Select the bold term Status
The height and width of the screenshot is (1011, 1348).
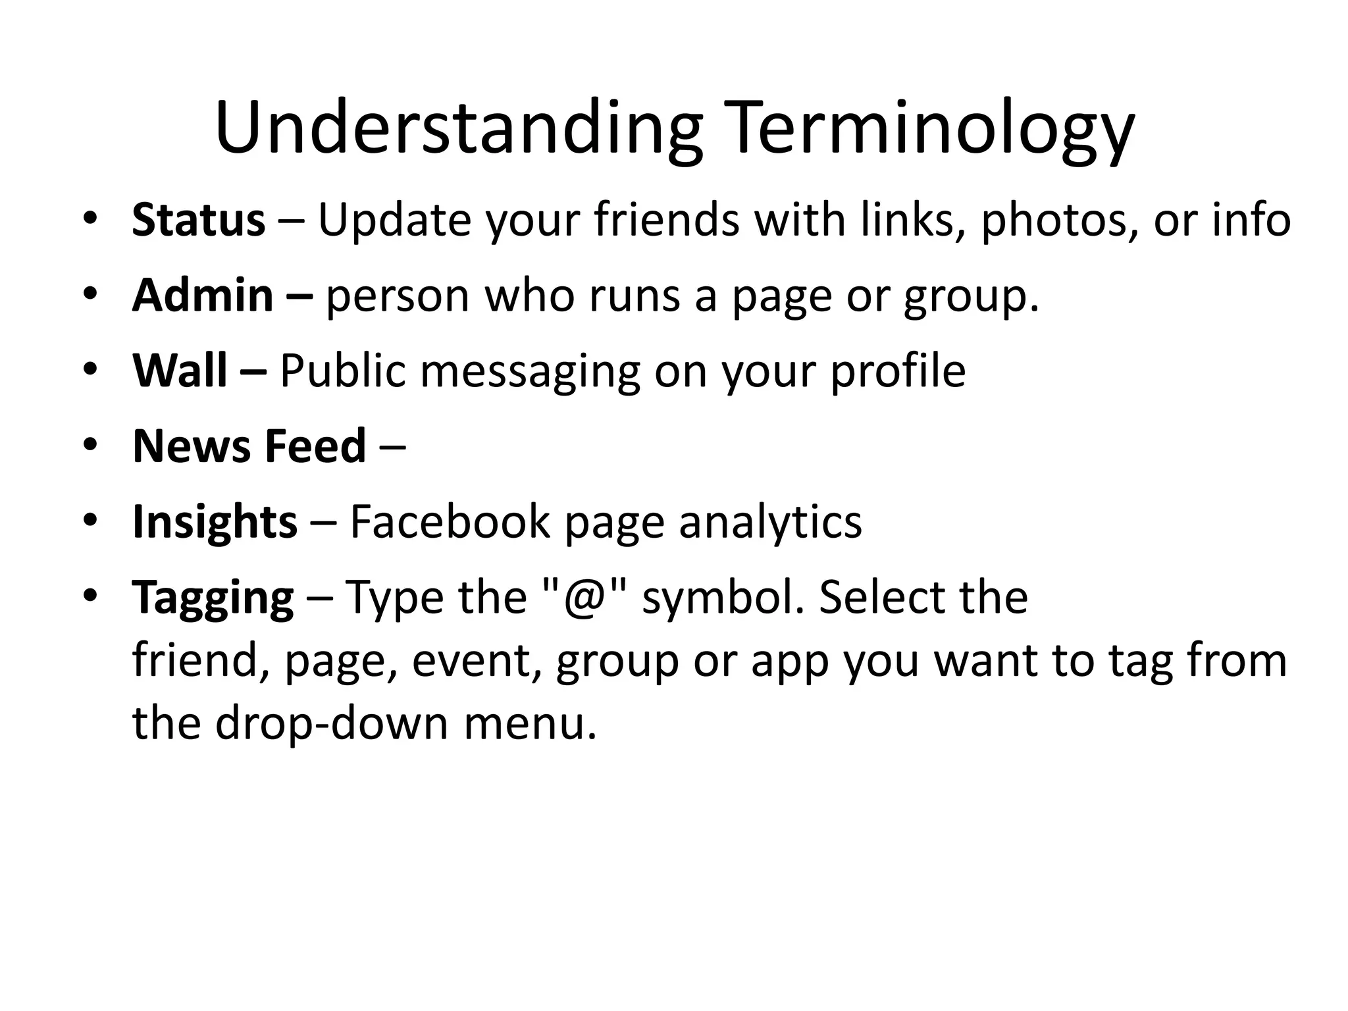[x=198, y=220]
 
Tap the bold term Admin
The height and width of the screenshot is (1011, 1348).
[x=203, y=296]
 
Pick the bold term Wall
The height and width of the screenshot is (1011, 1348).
[x=180, y=371]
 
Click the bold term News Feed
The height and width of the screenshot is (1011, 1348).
[x=249, y=446]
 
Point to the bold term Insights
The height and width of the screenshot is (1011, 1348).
[x=215, y=522]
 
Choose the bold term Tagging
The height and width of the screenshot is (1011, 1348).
[x=213, y=598]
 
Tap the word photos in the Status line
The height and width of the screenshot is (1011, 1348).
[x=1059, y=220]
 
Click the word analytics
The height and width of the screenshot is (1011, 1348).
[x=769, y=522]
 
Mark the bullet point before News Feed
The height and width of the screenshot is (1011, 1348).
[x=90, y=444]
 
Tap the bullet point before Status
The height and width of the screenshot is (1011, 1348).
[x=90, y=218]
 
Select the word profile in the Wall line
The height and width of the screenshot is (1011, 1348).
[x=898, y=371]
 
